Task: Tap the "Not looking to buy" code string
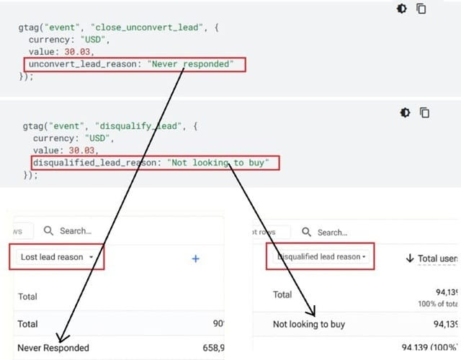pos(220,163)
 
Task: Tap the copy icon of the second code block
pos(425,113)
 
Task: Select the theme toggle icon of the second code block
pos(406,113)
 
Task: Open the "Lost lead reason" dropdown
pos(58,257)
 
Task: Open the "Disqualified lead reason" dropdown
pos(321,257)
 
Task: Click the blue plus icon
pos(195,258)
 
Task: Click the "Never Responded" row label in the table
pos(54,348)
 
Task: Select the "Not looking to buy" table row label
pos(309,324)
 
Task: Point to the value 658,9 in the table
pos(210,348)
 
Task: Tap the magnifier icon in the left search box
pos(49,231)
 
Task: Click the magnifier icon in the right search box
pos(307,232)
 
